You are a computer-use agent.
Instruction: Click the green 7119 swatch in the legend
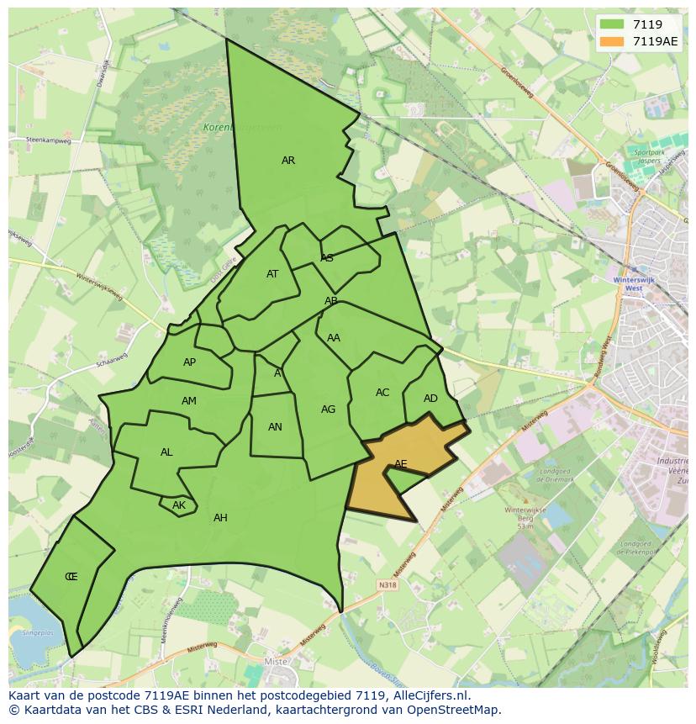(611, 25)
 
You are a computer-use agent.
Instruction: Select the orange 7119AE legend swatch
(611, 41)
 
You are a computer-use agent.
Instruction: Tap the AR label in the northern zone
(288, 161)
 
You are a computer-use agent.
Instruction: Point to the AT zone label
(272, 274)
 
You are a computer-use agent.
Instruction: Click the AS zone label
(327, 258)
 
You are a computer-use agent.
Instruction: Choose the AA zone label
(334, 338)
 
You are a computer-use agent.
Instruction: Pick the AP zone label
(189, 362)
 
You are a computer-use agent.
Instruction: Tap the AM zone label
(189, 401)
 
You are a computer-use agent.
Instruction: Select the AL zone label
(166, 452)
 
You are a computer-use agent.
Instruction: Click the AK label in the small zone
(179, 505)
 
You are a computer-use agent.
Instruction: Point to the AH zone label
(220, 518)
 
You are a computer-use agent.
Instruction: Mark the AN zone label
(275, 427)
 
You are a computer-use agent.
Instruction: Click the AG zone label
(328, 410)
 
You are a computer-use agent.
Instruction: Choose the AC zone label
(382, 393)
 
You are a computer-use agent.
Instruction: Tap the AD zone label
(430, 399)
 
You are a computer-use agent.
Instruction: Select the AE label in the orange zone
(401, 464)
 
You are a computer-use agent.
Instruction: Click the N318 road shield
(387, 585)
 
